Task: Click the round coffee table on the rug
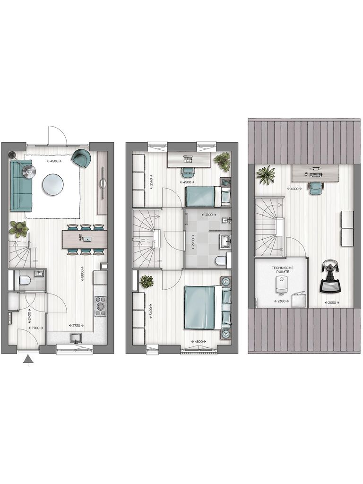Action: (x=52, y=184)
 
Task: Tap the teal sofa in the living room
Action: (x=21, y=186)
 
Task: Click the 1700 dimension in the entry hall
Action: (x=35, y=328)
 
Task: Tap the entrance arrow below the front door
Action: (x=29, y=361)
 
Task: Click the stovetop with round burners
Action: (x=100, y=306)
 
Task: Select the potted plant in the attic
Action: (x=266, y=175)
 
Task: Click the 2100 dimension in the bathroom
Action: (x=207, y=215)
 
